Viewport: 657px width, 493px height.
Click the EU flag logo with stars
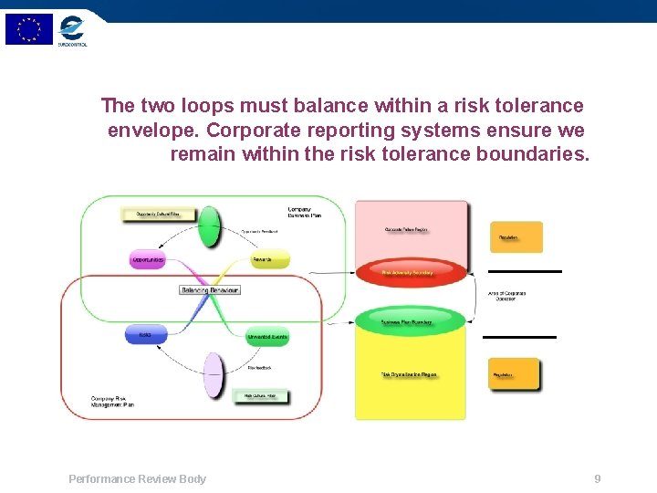tap(29, 29)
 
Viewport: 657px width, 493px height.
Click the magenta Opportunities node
tap(147, 260)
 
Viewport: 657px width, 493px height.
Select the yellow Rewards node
tap(270, 260)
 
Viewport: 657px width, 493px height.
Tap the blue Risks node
tap(145, 335)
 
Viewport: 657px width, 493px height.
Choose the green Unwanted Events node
tap(268, 336)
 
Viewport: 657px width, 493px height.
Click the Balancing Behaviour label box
tap(210, 289)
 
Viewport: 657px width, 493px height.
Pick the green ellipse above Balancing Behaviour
tap(210, 226)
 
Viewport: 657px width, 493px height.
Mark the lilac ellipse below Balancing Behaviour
tap(213, 375)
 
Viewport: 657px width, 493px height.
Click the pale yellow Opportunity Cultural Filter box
tap(159, 215)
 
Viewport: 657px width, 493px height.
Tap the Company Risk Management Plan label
tap(112, 401)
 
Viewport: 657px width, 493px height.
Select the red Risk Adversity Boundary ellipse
tap(411, 271)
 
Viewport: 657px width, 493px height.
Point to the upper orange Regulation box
tap(516, 237)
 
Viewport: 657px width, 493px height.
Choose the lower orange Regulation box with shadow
tap(514, 374)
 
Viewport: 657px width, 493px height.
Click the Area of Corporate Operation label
tap(506, 296)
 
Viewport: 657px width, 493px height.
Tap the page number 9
tap(597, 478)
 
